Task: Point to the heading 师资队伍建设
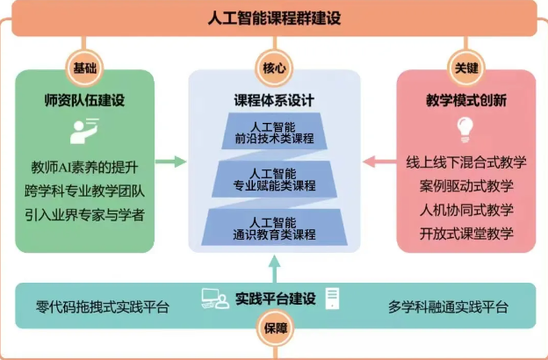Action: coord(84,100)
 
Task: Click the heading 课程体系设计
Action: coord(275,100)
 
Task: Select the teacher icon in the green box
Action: coord(83,131)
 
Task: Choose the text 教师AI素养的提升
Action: coord(84,165)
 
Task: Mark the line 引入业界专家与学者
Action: coord(84,213)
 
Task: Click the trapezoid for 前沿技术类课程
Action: coord(275,132)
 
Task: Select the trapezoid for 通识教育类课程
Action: coord(275,227)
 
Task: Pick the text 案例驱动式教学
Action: coord(466,186)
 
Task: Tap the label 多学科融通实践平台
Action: coord(448,307)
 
